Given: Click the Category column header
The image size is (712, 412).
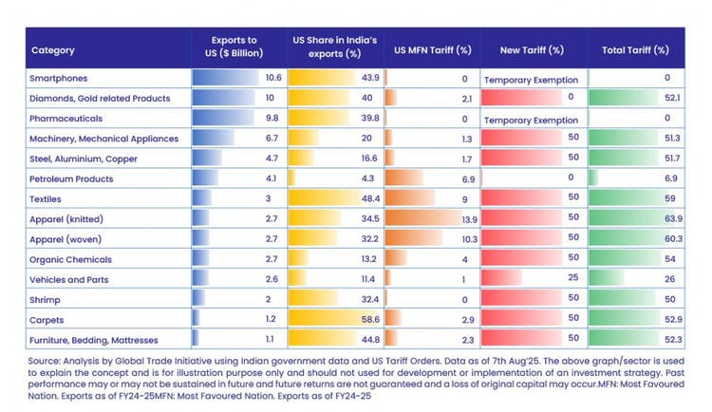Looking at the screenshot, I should (53, 49).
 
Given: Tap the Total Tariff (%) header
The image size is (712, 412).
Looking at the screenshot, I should (635, 49).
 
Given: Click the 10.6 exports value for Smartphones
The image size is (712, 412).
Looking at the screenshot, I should (273, 78).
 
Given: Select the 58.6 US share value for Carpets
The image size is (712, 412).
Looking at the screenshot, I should (369, 319).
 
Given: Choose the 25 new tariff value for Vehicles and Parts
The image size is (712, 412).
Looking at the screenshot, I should (572, 279).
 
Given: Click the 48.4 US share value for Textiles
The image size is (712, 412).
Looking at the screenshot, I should (369, 198).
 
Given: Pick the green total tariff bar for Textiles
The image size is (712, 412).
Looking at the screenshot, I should (627, 198).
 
